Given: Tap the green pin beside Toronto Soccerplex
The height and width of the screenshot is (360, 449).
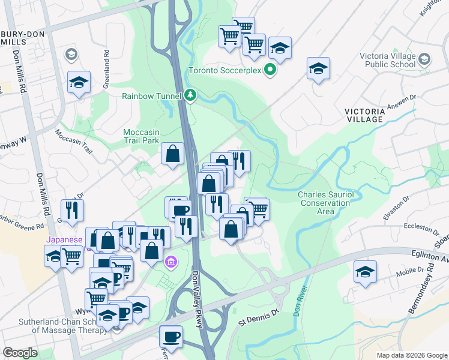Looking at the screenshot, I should point(270,70).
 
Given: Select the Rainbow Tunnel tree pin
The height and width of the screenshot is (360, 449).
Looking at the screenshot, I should point(190,95).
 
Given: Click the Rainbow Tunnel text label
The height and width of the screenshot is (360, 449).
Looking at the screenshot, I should point(152,95).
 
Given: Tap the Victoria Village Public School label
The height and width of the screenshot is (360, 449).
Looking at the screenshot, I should point(387,60).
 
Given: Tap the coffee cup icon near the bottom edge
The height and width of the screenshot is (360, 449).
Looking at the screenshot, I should point(171,336).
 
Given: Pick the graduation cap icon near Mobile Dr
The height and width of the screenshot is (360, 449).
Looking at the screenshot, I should point(365,272).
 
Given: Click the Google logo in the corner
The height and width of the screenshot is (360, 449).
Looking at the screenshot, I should point(20,353).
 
